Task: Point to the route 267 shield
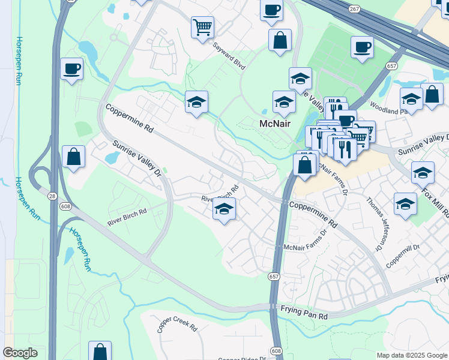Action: [x=354, y=9]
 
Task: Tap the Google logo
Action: [x=20, y=352]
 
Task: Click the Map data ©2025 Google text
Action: [x=411, y=355]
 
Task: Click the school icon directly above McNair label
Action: [x=284, y=101]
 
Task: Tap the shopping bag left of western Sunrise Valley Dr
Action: [x=73, y=157]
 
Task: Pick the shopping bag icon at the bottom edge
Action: [x=100, y=351]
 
